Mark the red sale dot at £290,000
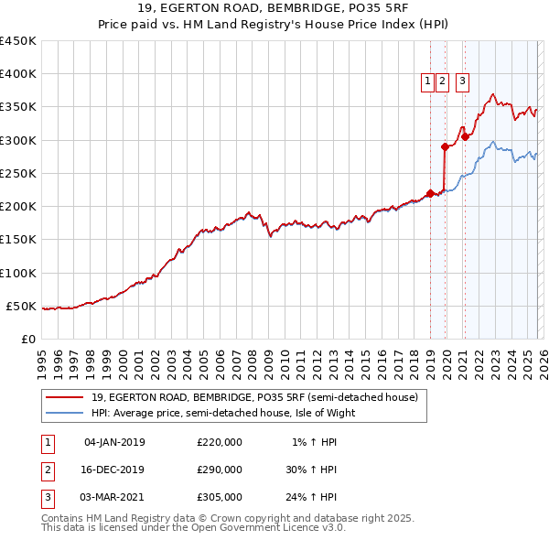tap(446, 146)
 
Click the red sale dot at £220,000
tap(430, 193)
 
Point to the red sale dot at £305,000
tap(465, 136)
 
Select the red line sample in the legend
tap(64, 397)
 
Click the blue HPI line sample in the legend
tap(64, 413)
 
